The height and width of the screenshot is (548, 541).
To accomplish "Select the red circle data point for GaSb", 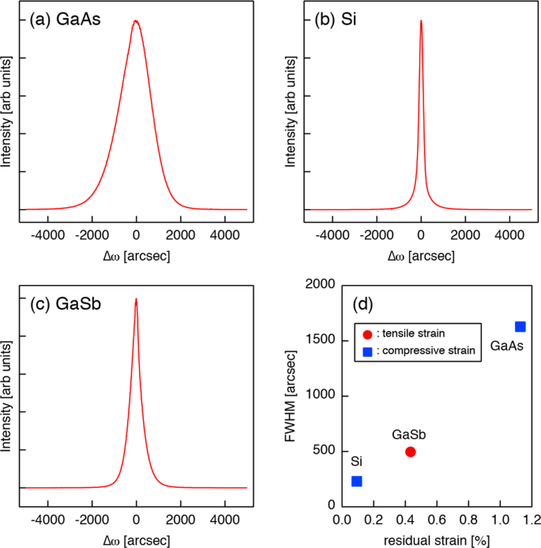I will [411, 452].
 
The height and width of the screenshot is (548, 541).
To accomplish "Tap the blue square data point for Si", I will [357, 481].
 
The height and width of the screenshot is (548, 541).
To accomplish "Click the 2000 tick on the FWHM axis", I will [322, 285].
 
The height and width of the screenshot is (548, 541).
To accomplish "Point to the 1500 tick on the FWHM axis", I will [322, 340].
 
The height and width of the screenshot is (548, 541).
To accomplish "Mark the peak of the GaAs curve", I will [136, 21].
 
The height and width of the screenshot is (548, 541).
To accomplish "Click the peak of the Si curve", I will [421, 21].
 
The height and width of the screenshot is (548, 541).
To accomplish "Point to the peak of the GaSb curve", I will [136, 299].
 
